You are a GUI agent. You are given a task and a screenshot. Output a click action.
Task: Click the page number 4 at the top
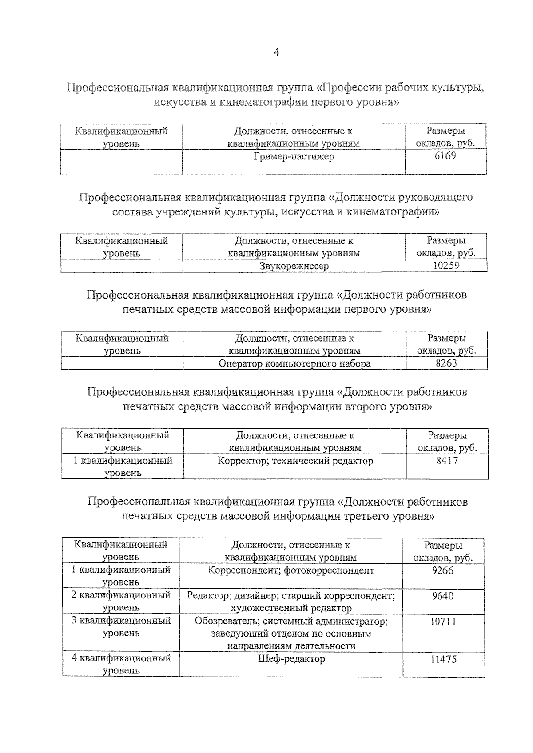coord(276,52)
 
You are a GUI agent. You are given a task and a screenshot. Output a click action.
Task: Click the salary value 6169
coord(445,156)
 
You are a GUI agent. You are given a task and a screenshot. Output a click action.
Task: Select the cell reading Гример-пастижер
coord(294,157)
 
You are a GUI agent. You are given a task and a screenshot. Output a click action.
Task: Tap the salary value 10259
coord(446,266)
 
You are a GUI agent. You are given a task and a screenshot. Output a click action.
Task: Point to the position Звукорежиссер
coord(294,266)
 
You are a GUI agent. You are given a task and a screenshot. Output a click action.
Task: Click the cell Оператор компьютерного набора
coord(294,363)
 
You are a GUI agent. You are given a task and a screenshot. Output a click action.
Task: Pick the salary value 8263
coord(446,363)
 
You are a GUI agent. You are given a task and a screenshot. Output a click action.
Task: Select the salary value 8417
coord(447,461)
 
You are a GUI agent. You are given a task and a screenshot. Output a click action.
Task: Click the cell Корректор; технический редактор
coord(295,461)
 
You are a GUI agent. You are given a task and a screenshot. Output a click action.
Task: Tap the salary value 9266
coord(442,570)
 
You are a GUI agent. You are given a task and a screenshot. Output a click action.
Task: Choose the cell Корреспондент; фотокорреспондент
coord(290,570)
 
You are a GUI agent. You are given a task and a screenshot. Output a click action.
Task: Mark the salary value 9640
coord(442,596)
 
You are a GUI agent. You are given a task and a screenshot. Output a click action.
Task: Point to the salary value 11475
coord(443,659)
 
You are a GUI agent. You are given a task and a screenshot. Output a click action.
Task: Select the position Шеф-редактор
coord(291,659)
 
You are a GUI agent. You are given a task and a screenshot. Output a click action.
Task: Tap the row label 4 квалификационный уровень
coord(121,664)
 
